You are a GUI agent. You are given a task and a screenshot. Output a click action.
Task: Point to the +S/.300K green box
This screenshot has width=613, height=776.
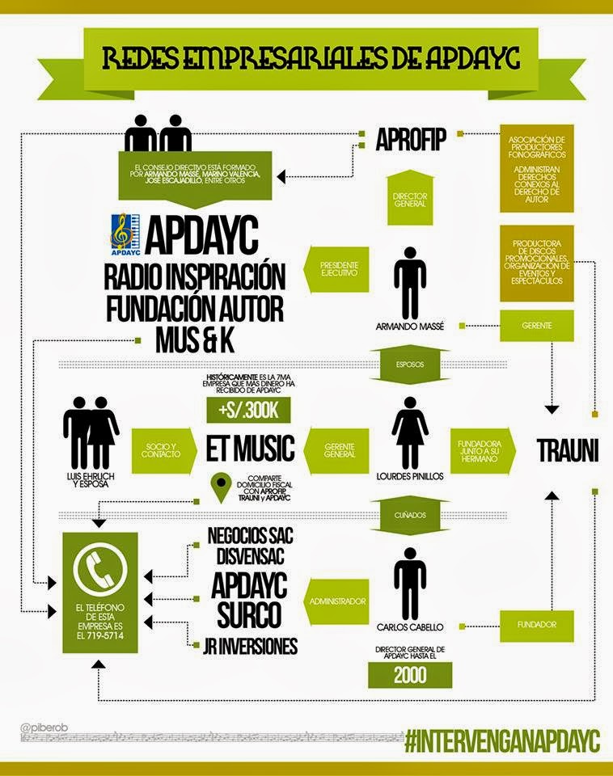pos(248,411)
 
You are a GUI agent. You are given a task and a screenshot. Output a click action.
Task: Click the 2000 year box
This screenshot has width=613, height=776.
pos(410,676)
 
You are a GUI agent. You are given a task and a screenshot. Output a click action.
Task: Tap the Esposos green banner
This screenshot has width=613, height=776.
pos(410,365)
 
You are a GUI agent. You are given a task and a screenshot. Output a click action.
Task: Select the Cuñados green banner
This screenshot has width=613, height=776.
pos(410,514)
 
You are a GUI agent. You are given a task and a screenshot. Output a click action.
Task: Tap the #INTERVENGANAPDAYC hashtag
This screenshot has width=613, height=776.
pos(501,740)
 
